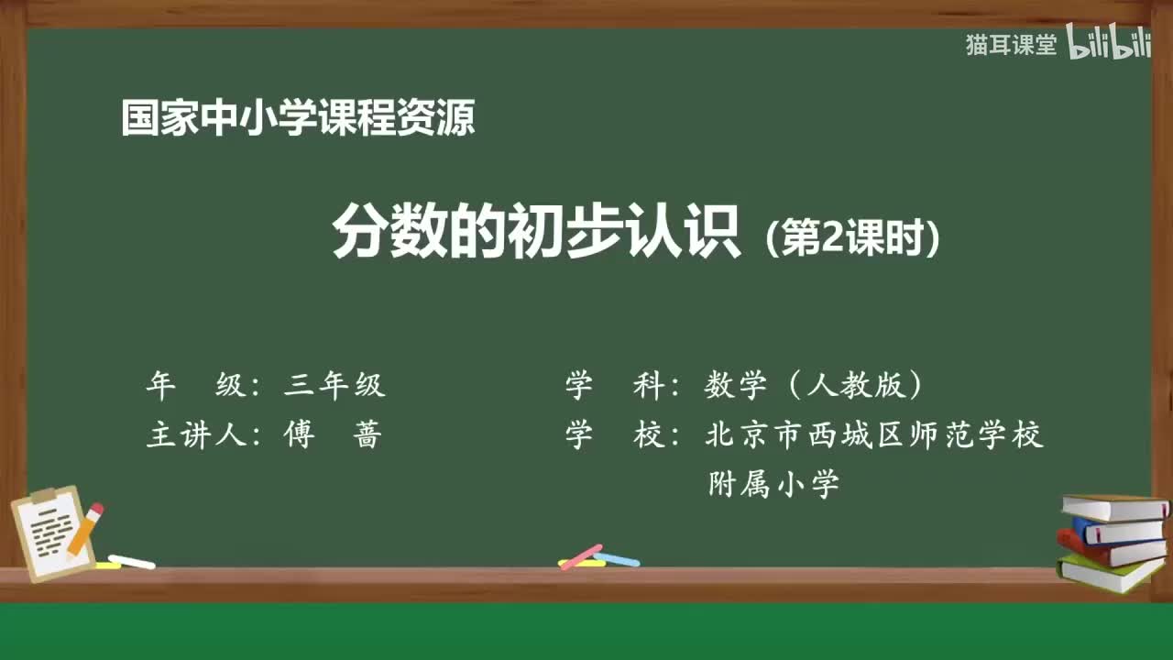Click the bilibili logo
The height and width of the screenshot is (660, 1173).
(x=1108, y=45)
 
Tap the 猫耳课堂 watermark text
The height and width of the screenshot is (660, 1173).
(x=1011, y=45)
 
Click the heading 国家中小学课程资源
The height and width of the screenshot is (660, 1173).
(x=298, y=118)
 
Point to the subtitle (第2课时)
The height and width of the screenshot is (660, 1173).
(x=851, y=239)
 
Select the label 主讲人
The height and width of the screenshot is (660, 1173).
(x=198, y=434)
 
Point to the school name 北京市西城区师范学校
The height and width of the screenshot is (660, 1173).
(x=874, y=434)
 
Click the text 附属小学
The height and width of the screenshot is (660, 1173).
(x=774, y=483)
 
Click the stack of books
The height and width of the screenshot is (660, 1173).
(x=1112, y=543)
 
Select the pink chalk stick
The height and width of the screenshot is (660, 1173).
(x=581, y=556)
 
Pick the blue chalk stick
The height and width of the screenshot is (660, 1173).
(x=617, y=558)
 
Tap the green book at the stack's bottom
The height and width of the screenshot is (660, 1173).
(x=1109, y=574)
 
